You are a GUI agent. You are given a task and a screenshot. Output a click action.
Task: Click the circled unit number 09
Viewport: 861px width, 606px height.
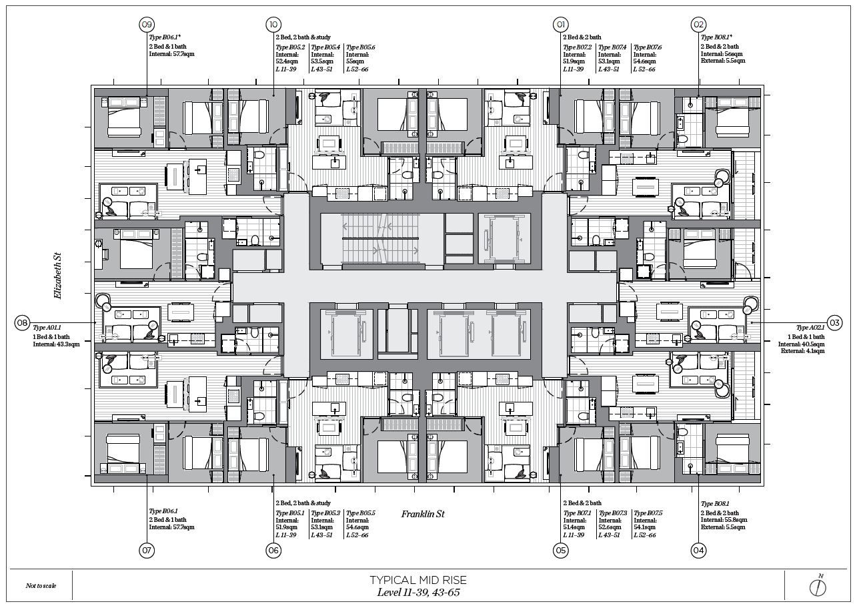click(x=147, y=25)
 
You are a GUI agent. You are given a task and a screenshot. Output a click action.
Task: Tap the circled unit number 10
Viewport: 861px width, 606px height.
click(x=273, y=25)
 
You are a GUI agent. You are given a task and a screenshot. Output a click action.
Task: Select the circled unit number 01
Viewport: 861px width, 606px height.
click(x=560, y=25)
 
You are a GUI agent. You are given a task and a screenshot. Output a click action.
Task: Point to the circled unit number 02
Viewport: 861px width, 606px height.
click(x=699, y=25)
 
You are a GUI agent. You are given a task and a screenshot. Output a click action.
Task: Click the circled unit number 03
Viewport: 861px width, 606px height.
click(x=834, y=322)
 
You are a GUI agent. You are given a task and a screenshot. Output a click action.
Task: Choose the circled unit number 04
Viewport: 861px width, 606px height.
click(x=699, y=551)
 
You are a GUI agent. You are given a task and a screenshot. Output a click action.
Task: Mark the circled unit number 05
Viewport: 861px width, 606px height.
click(x=560, y=551)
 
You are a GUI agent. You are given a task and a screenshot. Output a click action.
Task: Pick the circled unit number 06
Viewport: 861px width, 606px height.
click(x=273, y=551)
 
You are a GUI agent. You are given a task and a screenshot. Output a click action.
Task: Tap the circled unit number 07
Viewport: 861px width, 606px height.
click(x=147, y=551)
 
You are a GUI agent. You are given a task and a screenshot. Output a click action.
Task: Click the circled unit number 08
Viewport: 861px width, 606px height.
click(x=22, y=322)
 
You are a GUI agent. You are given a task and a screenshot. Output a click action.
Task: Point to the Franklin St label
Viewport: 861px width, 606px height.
click(x=423, y=514)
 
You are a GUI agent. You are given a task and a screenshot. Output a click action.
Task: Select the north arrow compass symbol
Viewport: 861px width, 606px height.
click(x=818, y=587)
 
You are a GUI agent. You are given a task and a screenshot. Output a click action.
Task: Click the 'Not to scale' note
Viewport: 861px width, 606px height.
click(x=41, y=586)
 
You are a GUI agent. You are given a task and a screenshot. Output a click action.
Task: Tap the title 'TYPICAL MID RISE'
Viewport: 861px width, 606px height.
click(x=418, y=580)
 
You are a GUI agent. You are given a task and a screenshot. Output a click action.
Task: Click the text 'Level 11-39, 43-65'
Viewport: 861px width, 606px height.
click(x=418, y=592)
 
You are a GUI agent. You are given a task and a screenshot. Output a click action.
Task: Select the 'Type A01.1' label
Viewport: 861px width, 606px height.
click(x=47, y=328)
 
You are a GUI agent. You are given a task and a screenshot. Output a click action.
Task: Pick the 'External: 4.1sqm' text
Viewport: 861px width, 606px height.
click(x=802, y=351)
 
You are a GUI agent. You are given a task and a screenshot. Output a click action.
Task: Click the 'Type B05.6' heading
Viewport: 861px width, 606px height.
click(x=361, y=47)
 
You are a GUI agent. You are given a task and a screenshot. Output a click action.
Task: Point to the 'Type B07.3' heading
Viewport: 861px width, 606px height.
click(x=612, y=513)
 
